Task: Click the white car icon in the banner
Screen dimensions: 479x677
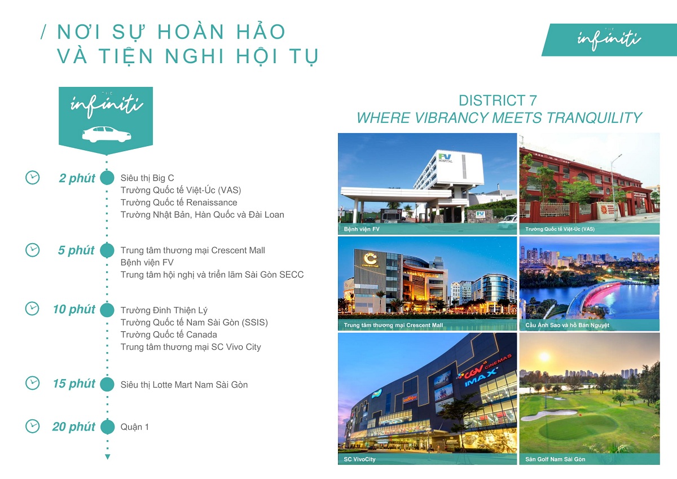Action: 106,134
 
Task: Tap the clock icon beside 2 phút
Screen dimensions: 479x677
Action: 33,177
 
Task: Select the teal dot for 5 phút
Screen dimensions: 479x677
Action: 107,250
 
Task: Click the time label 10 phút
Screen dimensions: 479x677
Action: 74,309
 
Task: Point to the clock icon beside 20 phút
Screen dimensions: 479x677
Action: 33,426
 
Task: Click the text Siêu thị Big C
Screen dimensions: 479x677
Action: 147,178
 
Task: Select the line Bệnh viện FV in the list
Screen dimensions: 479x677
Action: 147,262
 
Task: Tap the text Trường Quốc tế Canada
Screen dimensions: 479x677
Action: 169,335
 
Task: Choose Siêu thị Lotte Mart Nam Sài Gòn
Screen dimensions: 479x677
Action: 184,385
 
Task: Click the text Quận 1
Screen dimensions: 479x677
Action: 135,427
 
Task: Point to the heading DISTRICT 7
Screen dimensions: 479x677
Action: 498,101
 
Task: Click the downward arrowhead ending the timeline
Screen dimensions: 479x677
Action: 107,456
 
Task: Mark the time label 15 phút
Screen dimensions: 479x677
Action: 74,384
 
